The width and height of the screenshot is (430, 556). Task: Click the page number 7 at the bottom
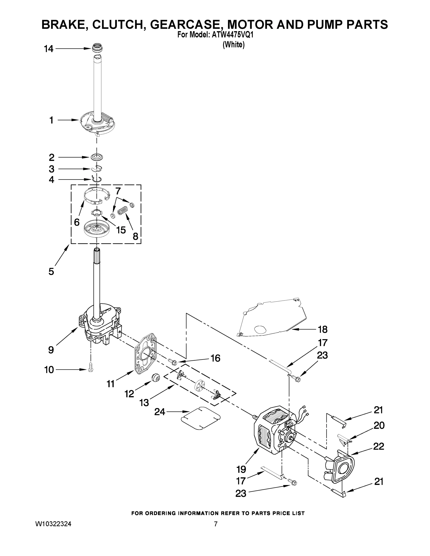click(216, 524)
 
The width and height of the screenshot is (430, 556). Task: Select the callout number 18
click(322, 329)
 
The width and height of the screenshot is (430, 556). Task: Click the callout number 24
click(160, 412)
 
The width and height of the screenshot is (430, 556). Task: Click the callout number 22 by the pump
click(379, 446)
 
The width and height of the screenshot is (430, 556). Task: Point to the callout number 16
click(215, 358)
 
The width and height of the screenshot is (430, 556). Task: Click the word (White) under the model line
click(233, 44)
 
